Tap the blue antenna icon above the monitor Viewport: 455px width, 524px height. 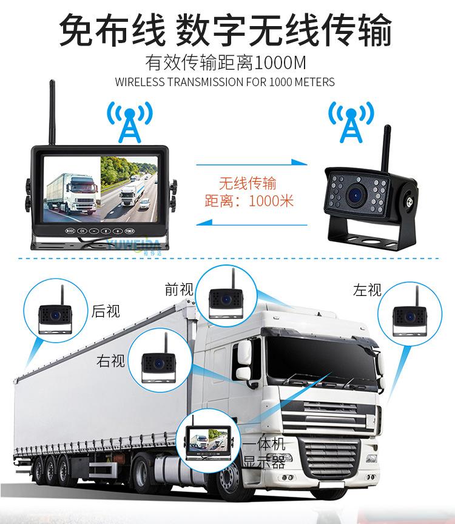coord(129,121)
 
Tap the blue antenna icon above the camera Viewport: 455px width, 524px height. coord(351,121)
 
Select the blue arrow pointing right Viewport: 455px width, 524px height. coord(255,162)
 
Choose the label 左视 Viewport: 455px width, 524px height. coord(367,290)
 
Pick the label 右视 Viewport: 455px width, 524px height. coord(111,361)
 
